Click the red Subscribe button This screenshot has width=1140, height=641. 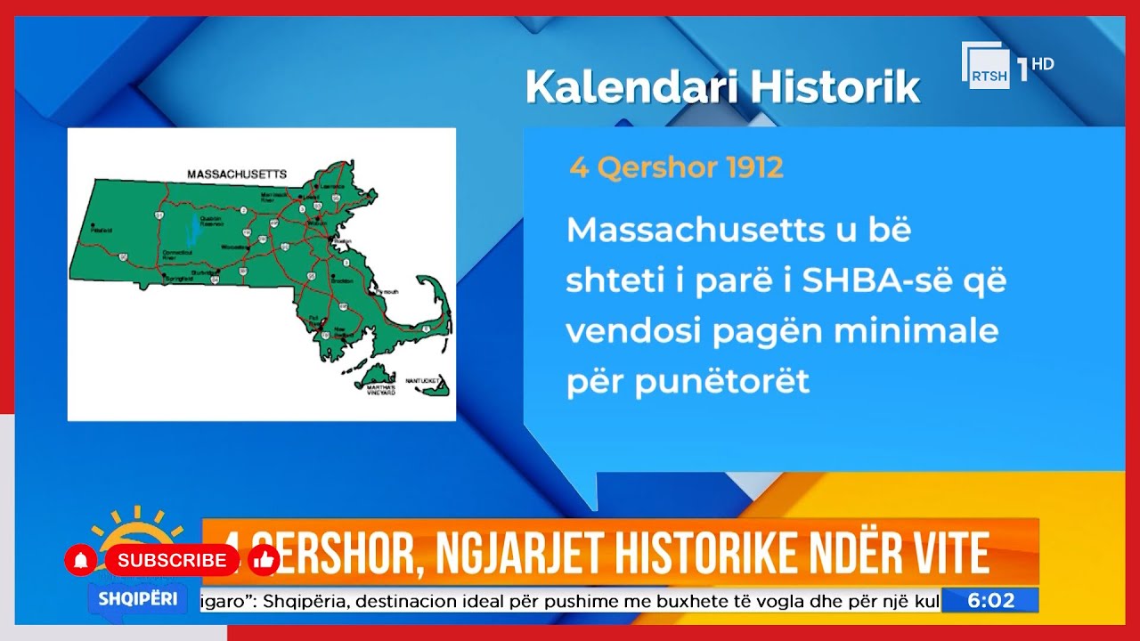point(172,560)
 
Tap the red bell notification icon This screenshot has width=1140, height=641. point(81,560)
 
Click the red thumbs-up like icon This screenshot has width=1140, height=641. point(263,560)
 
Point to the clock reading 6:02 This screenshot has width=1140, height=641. point(991,601)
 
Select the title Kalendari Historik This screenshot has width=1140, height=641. point(721,87)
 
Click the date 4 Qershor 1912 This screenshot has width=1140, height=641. point(676,168)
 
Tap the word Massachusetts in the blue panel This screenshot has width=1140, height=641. point(683,231)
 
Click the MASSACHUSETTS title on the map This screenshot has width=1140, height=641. point(236,174)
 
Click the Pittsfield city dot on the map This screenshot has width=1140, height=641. point(94,225)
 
